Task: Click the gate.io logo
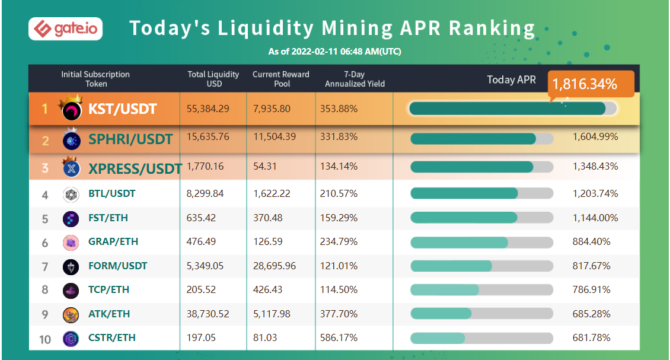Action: [x=65, y=28]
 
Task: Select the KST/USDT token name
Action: [x=123, y=109]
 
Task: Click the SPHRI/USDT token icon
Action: [x=71, y=140]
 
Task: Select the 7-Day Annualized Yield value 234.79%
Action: [x=338, y=242]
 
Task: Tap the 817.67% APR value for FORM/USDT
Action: [x=591, y=266]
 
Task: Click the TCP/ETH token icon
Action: [x=71, y=290]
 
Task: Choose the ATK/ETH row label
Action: [x=109, y=314]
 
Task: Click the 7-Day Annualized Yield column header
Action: [x=353, y=79]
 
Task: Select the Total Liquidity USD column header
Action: [x=213, y=79]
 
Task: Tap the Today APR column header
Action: [x=511, y=79]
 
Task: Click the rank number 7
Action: [x=45, y=266]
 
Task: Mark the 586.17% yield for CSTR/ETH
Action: [x=338, y=337]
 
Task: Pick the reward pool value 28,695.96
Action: [x=274, y=266]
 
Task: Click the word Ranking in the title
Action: [x=492, y=28]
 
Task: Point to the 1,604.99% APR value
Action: [x=595, y=137]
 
